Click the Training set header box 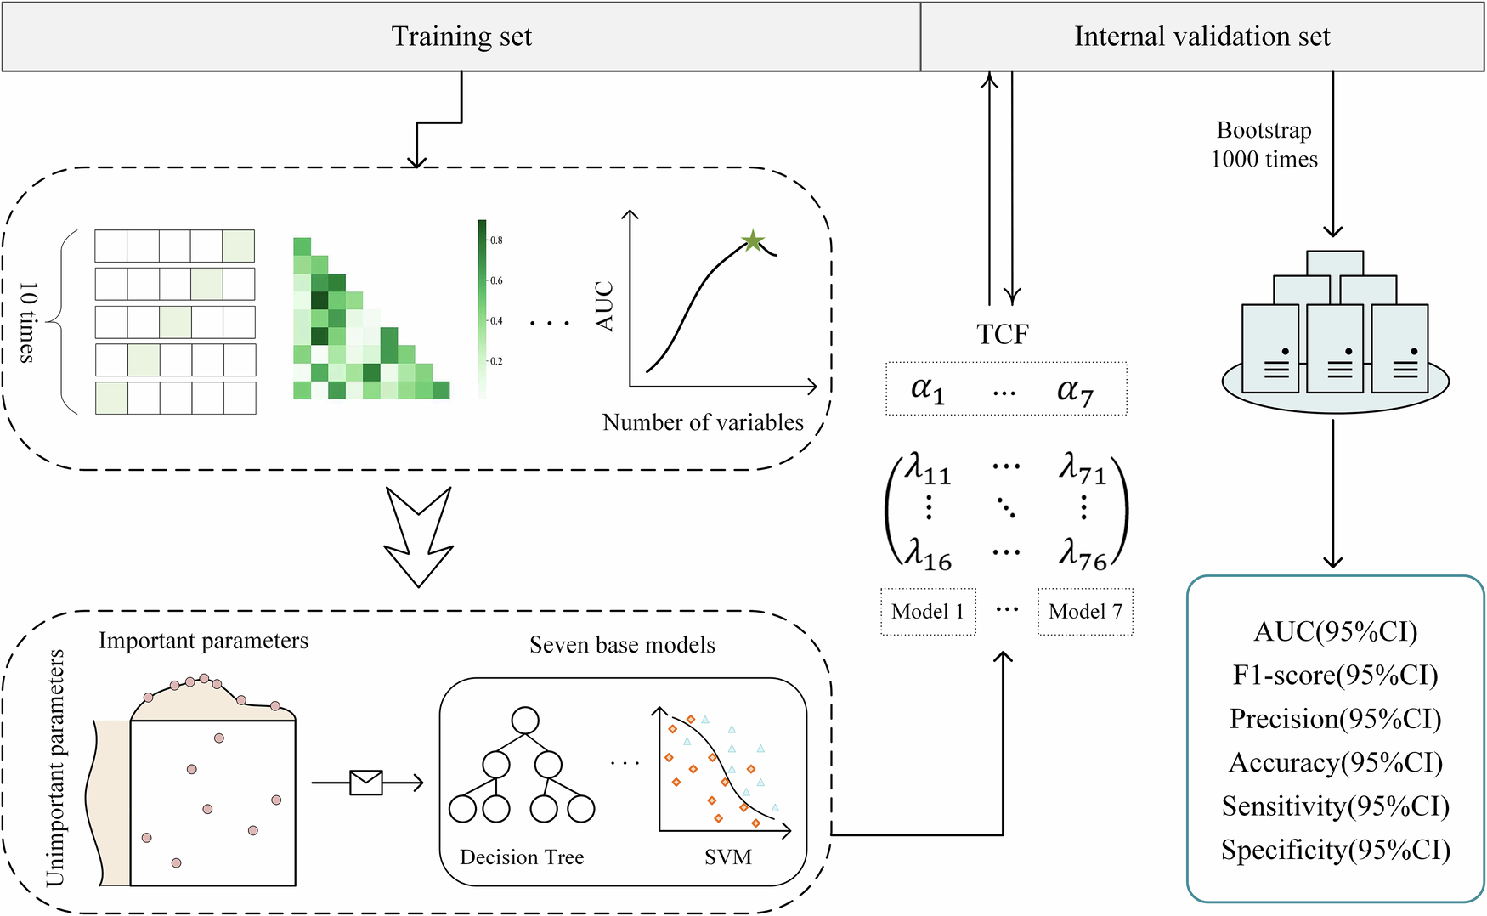pos(461,37)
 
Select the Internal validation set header pos(1201,37)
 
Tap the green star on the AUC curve pos(752,241)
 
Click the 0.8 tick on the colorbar pos(495,240)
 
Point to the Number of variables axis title pos(703,422)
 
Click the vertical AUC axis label pos(604,306)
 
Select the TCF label pos(1003,334)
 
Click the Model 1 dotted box pos(928,611)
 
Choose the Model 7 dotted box pos(1085,611)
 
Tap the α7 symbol pos(1075,390)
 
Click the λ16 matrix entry pos(927,554)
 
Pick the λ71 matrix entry pos(1082,468)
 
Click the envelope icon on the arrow pos(366,782)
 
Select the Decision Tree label pos(522,857)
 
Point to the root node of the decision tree pos(525,720)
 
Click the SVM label pos(728,857)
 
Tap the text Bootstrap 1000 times pos(1264,144)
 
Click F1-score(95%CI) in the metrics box pos(1335,676)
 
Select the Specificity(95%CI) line pos(1335,850)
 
